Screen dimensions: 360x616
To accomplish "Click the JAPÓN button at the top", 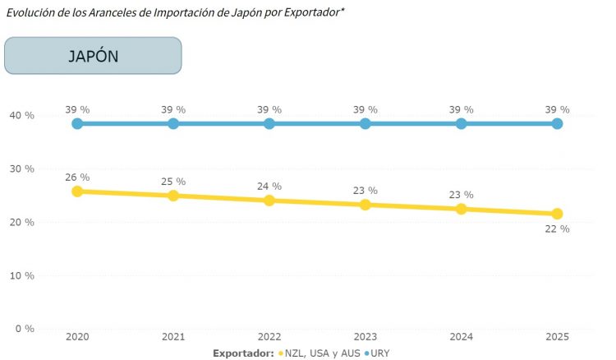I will click(93, 56).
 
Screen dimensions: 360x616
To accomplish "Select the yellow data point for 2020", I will click(77, 192).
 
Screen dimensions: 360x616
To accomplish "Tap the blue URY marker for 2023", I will click(365, 123).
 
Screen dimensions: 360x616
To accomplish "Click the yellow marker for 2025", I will click(557, 214).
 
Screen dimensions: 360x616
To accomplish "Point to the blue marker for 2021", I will click(173, 123).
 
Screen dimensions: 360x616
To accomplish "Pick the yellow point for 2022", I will click(269, 201).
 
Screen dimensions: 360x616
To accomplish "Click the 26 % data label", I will click(77, 178).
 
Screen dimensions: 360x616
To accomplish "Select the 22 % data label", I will click(557, 229).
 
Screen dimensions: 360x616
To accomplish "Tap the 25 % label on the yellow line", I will click(173, 182).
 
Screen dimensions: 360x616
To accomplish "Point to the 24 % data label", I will click(269, 187).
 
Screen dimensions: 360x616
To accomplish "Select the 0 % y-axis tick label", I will click(25, 329).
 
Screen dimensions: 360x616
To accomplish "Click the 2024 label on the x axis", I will click(461, 337).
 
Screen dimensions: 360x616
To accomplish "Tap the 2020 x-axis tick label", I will click(77, 337).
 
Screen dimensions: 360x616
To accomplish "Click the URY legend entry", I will click(380, 353).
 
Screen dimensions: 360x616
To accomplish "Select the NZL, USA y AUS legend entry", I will click(321, 353).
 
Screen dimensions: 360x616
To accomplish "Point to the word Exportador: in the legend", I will click(243, 353).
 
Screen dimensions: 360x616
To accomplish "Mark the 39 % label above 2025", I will click(557, 109).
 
